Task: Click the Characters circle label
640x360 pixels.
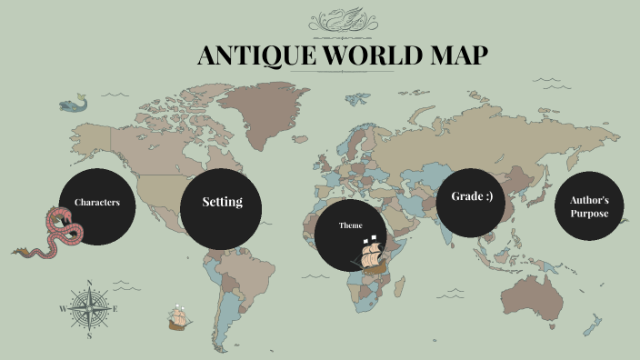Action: point(97,202)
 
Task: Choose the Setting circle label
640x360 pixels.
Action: point(222,202)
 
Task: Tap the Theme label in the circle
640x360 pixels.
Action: point(350,225)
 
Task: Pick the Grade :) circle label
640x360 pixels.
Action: point(471,196)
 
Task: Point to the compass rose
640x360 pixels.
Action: point(89,308)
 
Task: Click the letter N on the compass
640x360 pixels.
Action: point(89,283)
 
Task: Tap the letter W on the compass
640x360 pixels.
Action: point(63,309)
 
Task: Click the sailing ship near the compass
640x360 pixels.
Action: point(178,316)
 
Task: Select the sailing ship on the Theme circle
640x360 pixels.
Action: point(372,255)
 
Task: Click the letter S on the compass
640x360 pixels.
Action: point(89,335)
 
